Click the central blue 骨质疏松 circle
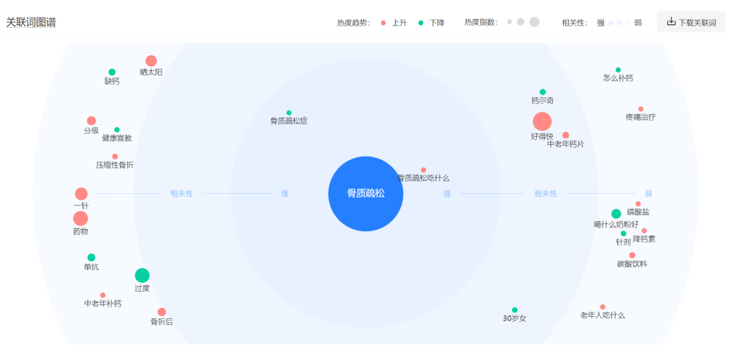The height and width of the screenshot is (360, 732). click(x=366, y=193)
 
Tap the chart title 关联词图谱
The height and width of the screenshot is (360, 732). click(x=31, y=23)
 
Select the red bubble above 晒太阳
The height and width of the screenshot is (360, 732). click(x=151, y=61)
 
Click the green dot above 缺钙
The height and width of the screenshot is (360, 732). click(x=112, y=72)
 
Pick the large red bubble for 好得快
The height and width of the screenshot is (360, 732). click(x=542, y=121)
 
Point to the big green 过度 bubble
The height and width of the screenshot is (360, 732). click(x=142, y=275)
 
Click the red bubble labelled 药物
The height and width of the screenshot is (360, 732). click(x=80, y=218)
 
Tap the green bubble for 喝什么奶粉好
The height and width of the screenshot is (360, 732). click(x=616, y=214)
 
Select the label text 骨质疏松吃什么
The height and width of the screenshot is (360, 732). click(x=423, y=178)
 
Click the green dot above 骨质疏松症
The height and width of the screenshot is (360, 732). click(x=289, y=113)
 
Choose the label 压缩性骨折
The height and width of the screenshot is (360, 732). click(x=115, y=165)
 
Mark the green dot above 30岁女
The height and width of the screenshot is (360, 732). click(x=515, y=310)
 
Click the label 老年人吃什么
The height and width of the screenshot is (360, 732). click(x=603, y=315)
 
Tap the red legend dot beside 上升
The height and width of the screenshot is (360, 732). click(x=383, y=23)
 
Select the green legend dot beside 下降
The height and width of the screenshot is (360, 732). click(x=420, y=23)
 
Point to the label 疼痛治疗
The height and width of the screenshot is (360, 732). click(x=641, y=117)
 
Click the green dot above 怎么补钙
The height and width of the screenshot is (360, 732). click(x=618, y=70)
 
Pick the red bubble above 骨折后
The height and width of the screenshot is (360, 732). click(x=162, y=312)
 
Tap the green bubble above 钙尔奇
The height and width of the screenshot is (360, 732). click(x=543, y=92)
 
